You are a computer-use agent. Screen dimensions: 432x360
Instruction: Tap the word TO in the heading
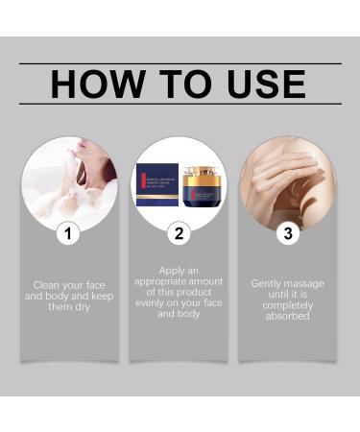180,84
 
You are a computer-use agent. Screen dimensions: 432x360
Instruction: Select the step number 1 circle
68,231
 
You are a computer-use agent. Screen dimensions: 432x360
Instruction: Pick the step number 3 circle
286,231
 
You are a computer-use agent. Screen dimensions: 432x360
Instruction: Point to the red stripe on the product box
145,182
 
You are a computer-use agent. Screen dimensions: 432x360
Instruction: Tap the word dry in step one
87,307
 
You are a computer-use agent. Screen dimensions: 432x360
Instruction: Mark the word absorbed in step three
288,316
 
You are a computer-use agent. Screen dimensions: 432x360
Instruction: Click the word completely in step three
288,305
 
